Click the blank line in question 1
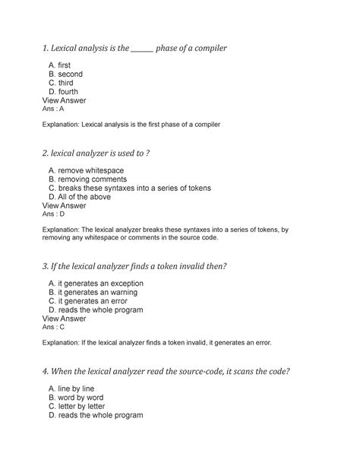(142, 49)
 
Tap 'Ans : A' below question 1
(58, 108)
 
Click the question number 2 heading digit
(46, 154)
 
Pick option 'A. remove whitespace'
(86, 170)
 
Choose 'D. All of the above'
(79, 196)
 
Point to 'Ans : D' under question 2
(58, 214)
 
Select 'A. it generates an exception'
(96, 284)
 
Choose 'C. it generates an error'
(86, 301)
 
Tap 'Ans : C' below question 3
(58, 327)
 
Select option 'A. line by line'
(72, 388)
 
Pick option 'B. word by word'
(75, 398)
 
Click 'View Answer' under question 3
(64, 319)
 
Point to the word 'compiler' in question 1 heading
(207, 49)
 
